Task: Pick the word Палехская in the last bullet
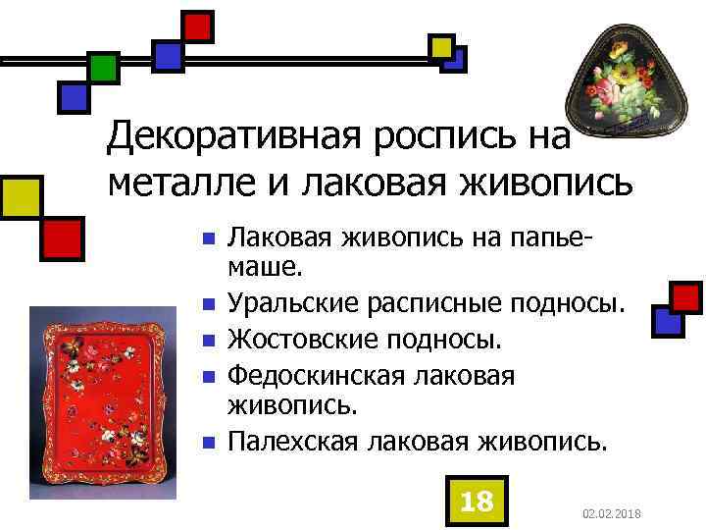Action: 292,442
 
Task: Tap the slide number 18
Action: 476,502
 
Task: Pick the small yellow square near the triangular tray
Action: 441,45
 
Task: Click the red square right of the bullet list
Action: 686,296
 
